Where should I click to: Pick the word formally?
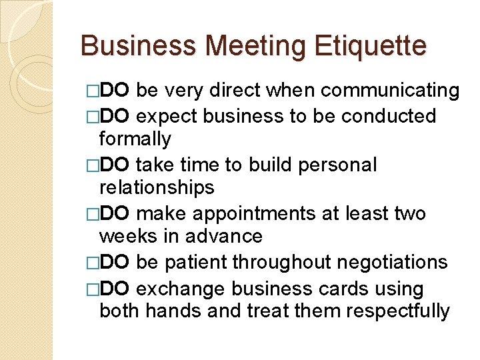coord(135,139)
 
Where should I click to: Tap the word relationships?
coord(157,188)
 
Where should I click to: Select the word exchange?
coord(173,289)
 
